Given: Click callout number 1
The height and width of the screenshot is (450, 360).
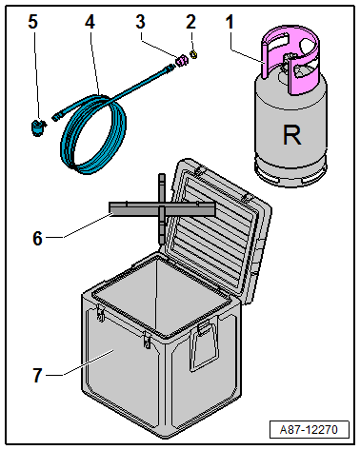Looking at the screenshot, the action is (x=230, y=22).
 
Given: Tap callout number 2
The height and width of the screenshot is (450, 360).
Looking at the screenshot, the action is (x=190, y=22).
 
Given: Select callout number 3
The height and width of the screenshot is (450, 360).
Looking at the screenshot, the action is (x=140, y=22).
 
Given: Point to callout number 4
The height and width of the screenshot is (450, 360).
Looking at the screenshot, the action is (x=90, y=22).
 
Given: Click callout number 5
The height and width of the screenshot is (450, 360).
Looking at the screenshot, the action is (x=33, y=22).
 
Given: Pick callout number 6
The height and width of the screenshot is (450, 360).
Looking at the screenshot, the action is (x=37, y=239).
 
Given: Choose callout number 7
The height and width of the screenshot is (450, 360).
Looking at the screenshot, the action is (x=37, y=375).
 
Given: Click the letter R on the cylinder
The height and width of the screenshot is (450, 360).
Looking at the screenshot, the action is (x=291, y=135).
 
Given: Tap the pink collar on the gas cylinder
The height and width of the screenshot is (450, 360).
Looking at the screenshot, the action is (x=290, y=60).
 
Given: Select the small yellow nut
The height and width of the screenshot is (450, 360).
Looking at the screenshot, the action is (x=193, y=54).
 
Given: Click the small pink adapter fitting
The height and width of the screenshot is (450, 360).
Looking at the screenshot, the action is (x=182, y=60).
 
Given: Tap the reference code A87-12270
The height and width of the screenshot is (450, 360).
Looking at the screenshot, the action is (x=309, y=430).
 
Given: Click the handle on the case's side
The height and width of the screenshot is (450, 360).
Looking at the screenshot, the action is (x=204, y=345).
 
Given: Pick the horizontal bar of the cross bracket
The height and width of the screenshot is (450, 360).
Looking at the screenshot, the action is (x=162, y=209).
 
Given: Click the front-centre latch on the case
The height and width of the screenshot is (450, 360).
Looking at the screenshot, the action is (x=147, y=341).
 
